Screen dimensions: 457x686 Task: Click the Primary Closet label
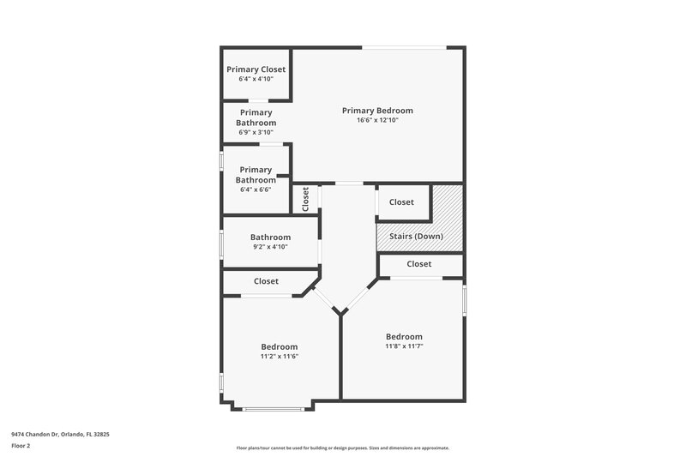[256, 69]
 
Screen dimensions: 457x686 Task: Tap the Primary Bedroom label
[377, 111]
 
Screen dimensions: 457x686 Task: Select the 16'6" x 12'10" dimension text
[377, 121]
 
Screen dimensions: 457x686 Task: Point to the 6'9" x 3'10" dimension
[256, 132]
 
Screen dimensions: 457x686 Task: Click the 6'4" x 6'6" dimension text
[256, 189]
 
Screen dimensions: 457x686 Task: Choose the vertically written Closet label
[305, 199]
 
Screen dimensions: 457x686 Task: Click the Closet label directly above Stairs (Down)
[401, 202]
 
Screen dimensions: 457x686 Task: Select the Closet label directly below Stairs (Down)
[418, 264]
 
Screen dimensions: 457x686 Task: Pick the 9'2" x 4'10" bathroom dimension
[270, 247]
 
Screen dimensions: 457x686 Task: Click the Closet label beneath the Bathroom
[266, 281]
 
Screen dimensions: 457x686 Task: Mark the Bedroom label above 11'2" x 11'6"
[279, 346]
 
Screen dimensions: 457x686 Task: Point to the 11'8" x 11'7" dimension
[403, 346]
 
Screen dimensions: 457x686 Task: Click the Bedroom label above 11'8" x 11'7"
[403, 336]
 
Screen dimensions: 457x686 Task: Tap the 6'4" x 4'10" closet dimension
[256, 79]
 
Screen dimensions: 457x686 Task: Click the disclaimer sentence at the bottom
[342, 448]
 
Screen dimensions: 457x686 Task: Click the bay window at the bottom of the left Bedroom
[272, 408]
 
